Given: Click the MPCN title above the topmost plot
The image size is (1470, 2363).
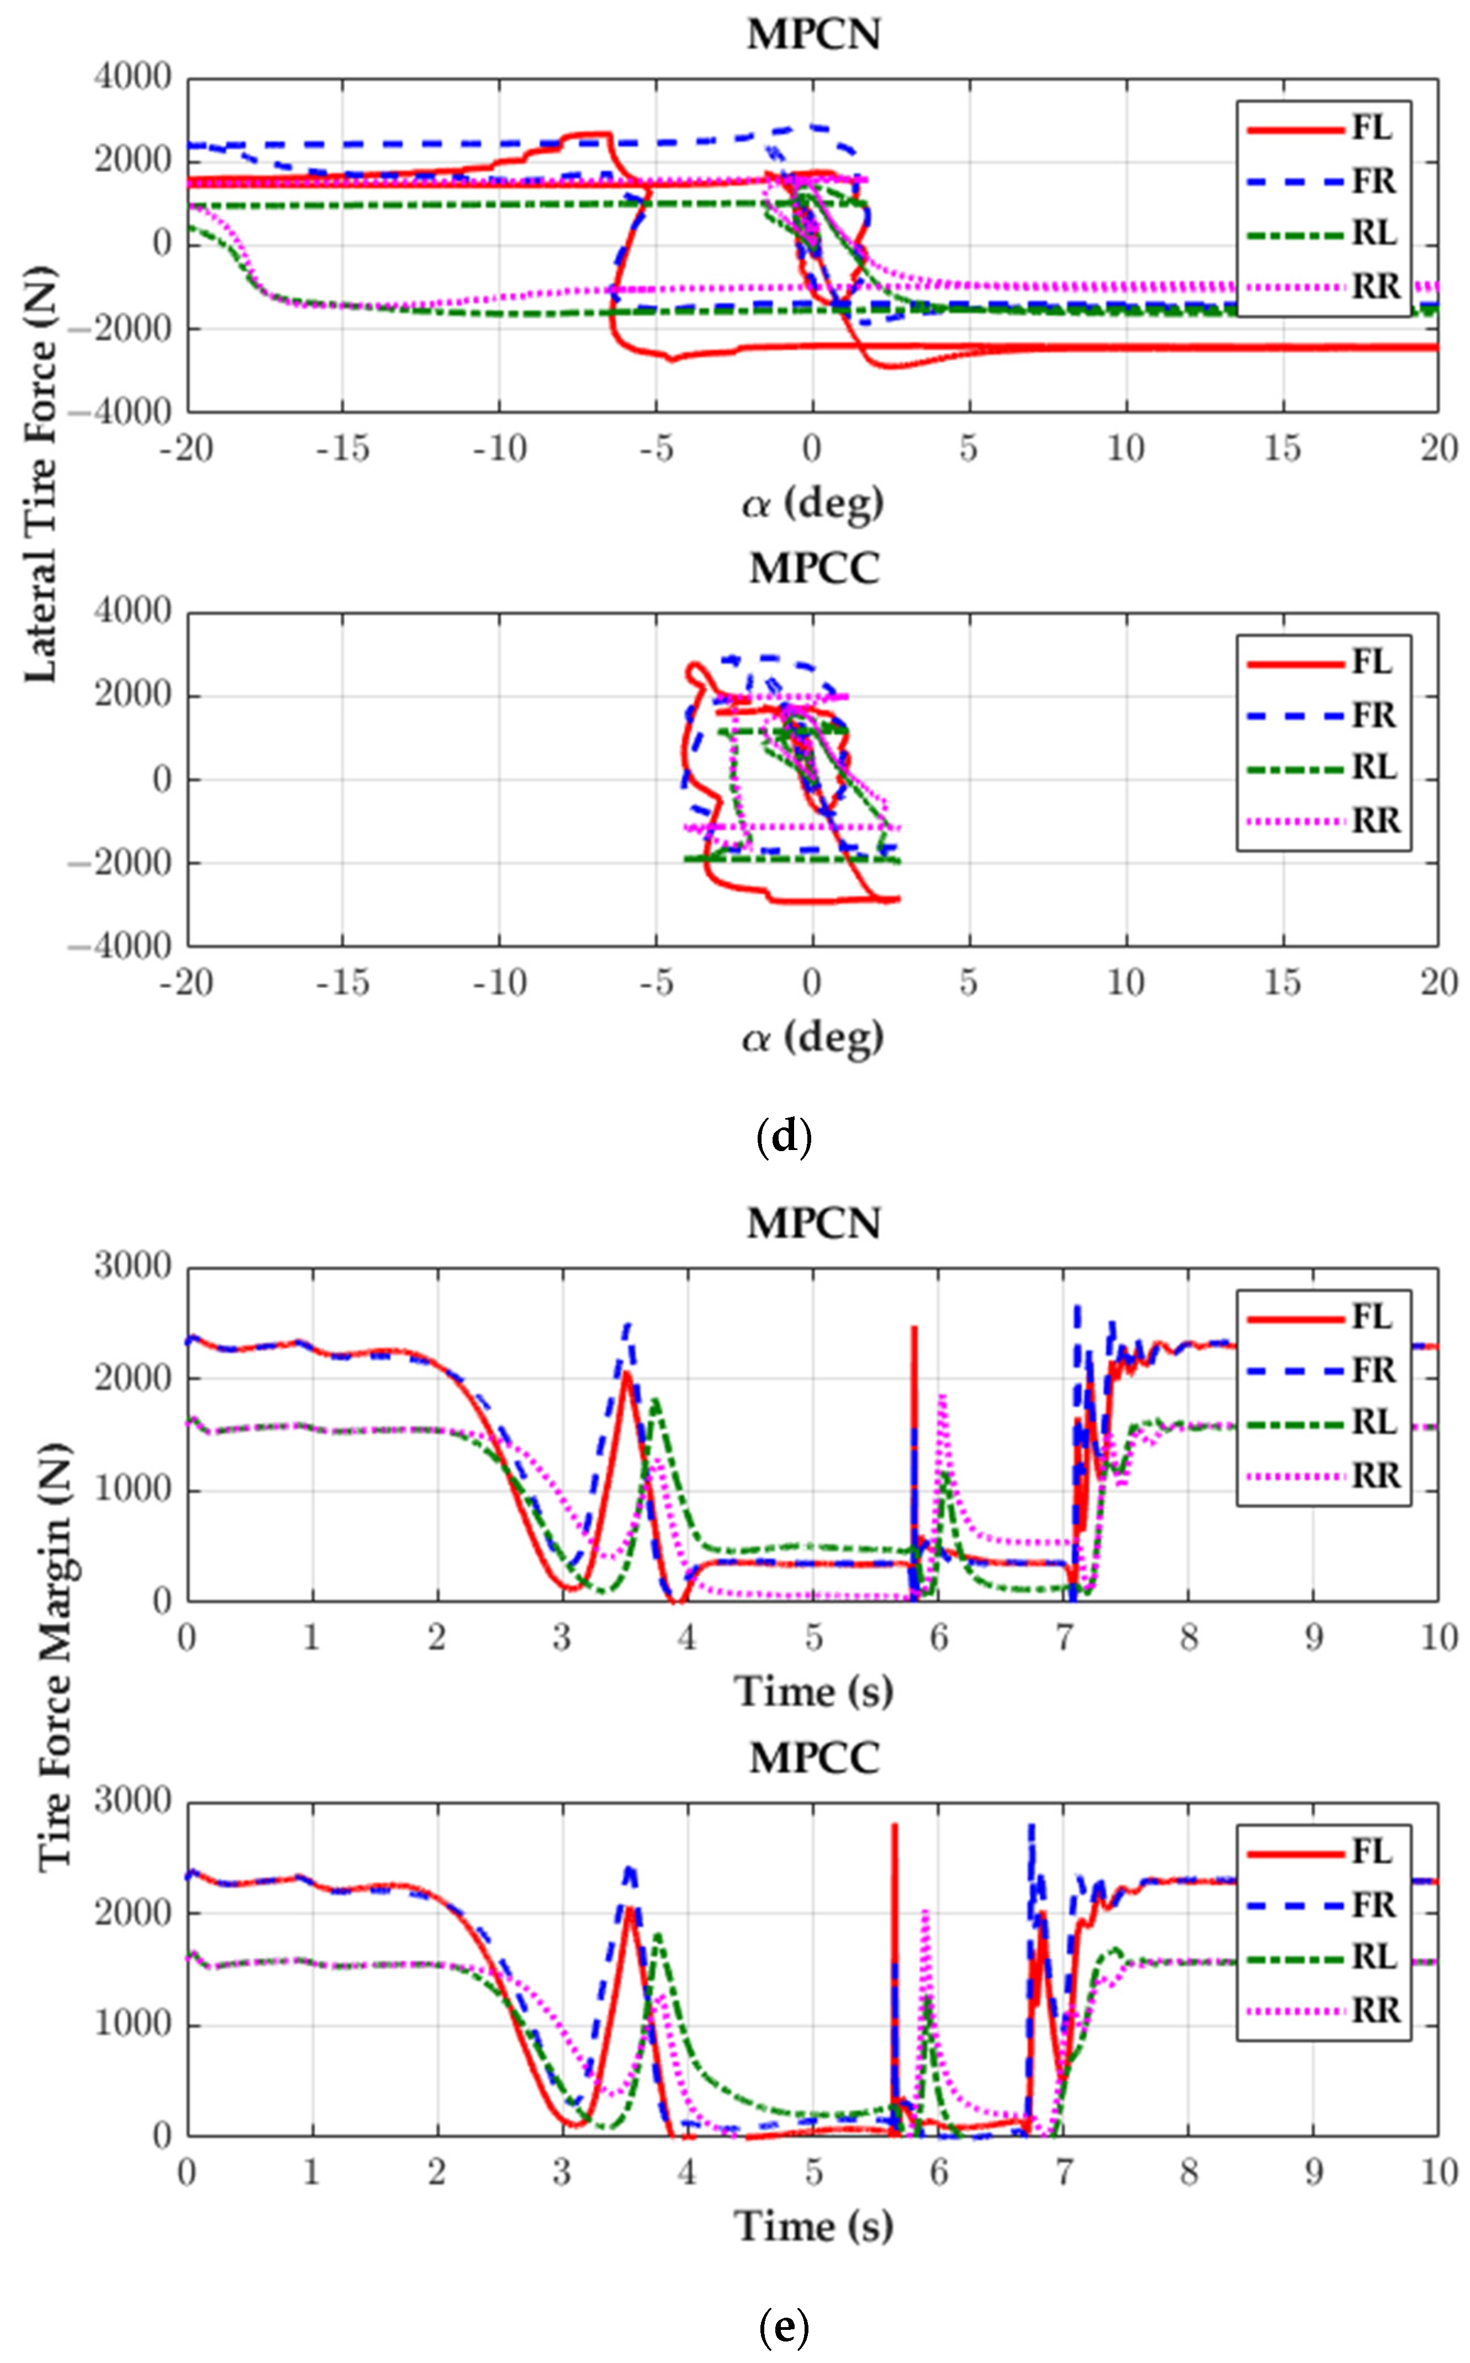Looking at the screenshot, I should coord(814,34).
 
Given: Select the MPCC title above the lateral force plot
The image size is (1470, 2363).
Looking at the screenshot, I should coord(814,569).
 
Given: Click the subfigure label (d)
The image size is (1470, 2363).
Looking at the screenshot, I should coord(784,1135).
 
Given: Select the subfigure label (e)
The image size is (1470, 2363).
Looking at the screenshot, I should coord(784,2326).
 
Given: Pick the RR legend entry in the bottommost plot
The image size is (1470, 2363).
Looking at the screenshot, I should coord(1322,2010).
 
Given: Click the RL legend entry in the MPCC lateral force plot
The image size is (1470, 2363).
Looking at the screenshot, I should coord(1322,768).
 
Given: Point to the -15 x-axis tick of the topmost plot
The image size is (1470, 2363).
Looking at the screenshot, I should coord(342,448).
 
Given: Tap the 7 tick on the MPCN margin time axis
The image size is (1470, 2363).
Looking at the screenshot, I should coord(1064,1638).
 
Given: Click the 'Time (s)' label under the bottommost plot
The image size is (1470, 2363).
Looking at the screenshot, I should coord(814,2226).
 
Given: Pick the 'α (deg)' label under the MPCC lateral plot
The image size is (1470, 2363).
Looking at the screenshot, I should coord(814,1037).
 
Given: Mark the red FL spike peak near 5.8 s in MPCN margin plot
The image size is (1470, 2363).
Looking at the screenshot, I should coord(914,1328).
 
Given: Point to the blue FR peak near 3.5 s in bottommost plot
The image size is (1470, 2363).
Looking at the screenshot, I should coord(630,1868).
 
